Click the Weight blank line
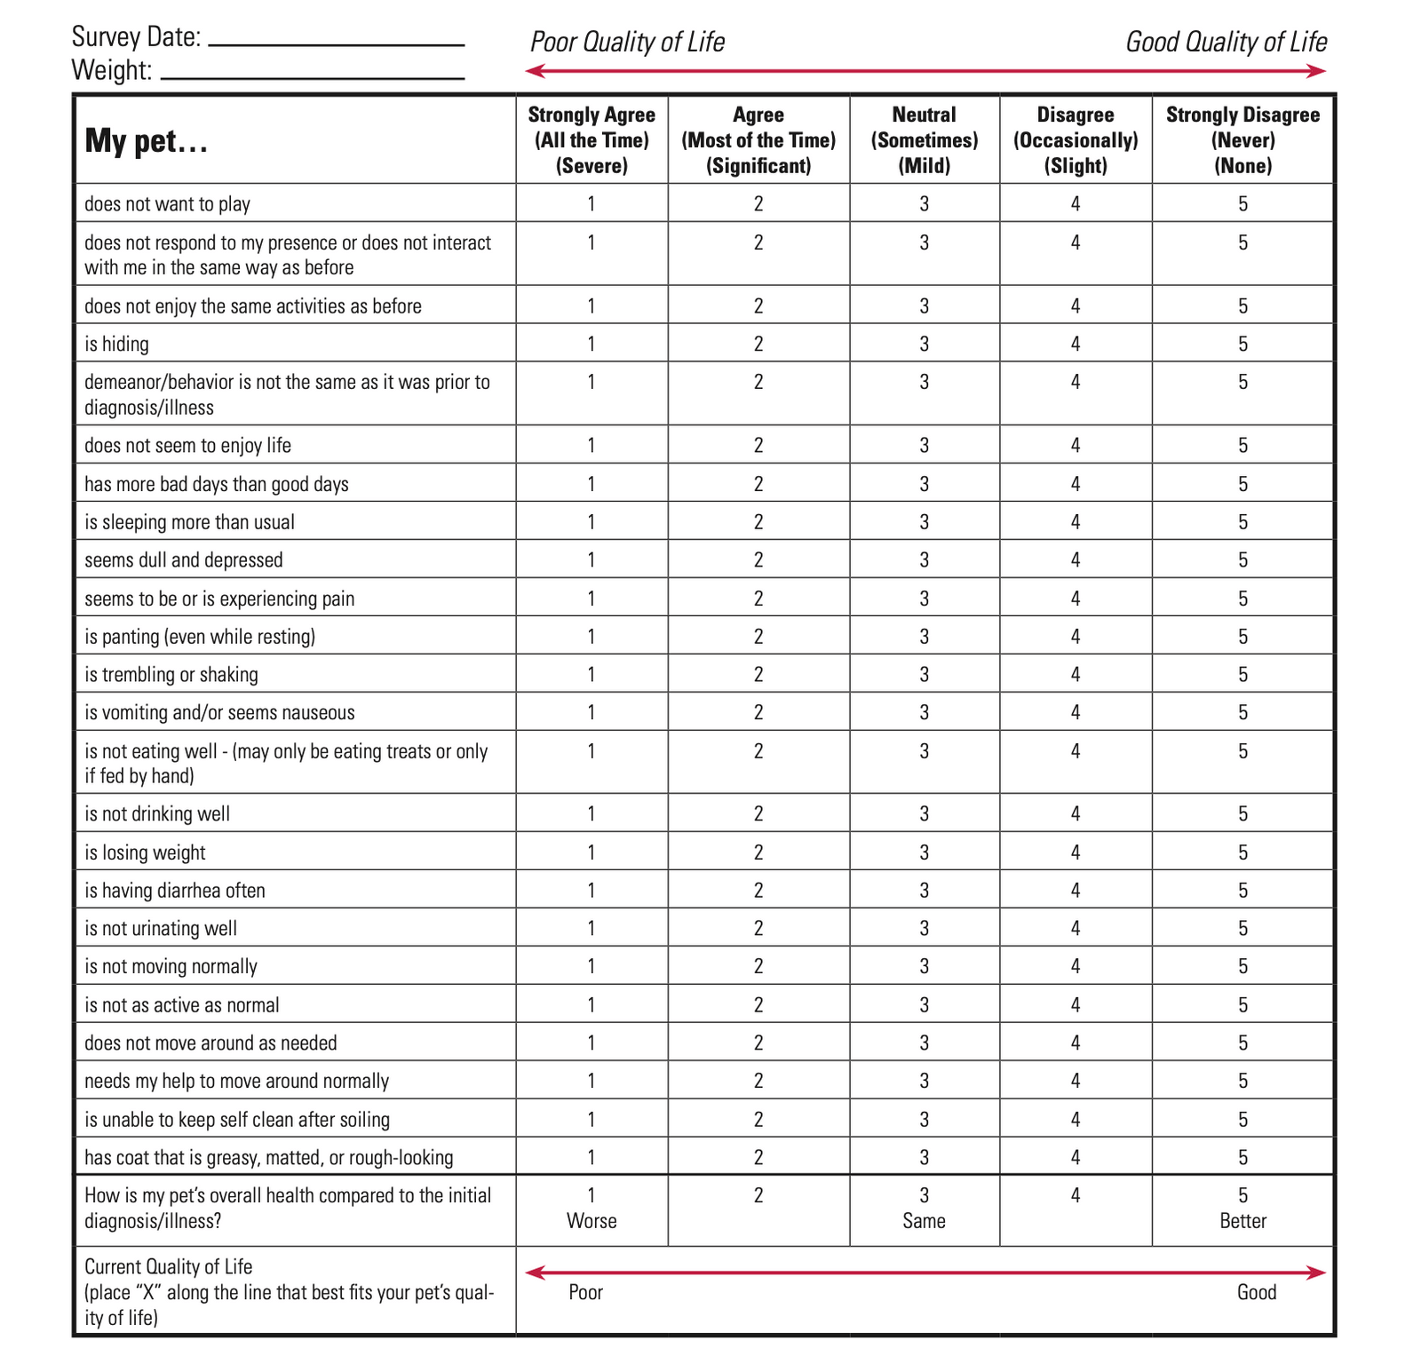(313, 77)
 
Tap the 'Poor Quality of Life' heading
(627, 42)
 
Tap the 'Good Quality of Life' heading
(1226, 42)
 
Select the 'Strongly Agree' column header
(591, 139)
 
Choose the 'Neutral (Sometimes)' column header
(924, 139)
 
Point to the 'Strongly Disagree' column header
(1242, 139)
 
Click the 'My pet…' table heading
(147, 141)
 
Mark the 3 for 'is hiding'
(924, 344)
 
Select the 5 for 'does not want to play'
(1242, 203)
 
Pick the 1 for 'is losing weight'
(591, 852)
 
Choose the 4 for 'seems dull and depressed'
(1076, 559)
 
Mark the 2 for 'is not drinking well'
(758, 813)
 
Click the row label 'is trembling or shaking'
(171, 674)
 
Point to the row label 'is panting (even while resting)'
(200, 636)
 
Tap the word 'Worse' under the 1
(591, 1221)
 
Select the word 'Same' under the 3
(924, 1221)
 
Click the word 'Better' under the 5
(1242, 1221)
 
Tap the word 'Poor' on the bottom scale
(585, 1292)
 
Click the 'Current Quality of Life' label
(169, 1266)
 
